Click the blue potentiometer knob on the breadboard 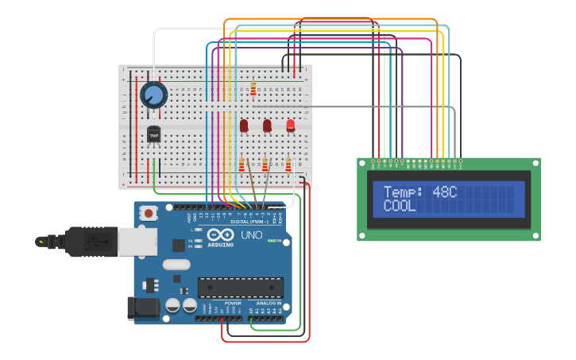[x=153, y=95]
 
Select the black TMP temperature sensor [x=153, y=135]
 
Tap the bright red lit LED [x=291, y=125]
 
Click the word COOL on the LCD [x=400, y=206]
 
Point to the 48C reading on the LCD [x=445, y=192]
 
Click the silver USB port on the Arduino [x=137, y=241]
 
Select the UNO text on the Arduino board [x=252, y=236]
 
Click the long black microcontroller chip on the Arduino [x=240, y=287]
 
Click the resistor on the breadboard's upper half [x=253, y=89]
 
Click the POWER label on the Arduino [x=233, y=303]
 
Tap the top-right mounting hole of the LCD [x=534, y=164]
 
